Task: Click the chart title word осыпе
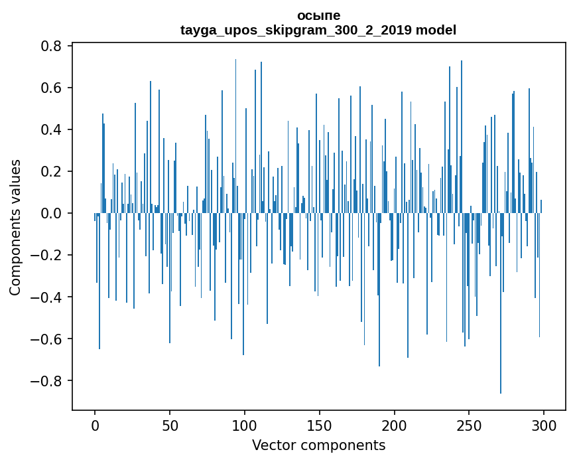point(318,16)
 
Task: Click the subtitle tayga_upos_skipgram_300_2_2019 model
point(318,30)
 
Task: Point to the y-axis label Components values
point(15,228)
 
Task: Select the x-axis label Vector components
point(318,445)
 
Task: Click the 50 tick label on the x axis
point(170,425)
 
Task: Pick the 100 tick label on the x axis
point(245,425)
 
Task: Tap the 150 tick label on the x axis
point(320,425)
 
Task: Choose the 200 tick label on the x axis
point(394,425)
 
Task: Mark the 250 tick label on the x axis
point(469,425)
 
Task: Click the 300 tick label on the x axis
point(544,425)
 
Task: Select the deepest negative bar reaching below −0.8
point(501,303)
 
